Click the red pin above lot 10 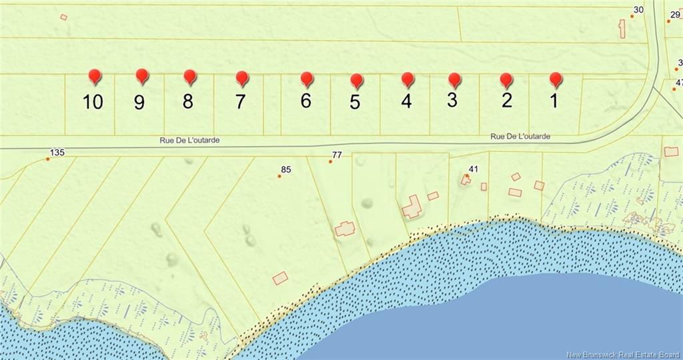[95, 76]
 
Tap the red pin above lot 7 [242, 78]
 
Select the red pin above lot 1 [556, 79]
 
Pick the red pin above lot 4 [408, 79]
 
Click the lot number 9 [139, 102]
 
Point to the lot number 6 [305, 101]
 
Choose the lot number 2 [507, 101]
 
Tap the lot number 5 [355, 102]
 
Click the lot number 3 [452, 101]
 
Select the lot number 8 [188, 101]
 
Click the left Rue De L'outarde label [189, 141]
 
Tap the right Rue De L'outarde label [520, 137]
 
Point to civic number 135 [57, 153]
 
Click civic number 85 [286, 170]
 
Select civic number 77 [337, 155]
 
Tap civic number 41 [474, 169]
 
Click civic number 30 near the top [638, 9]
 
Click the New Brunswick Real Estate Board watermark [624, 355]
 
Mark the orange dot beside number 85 [279, 176]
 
